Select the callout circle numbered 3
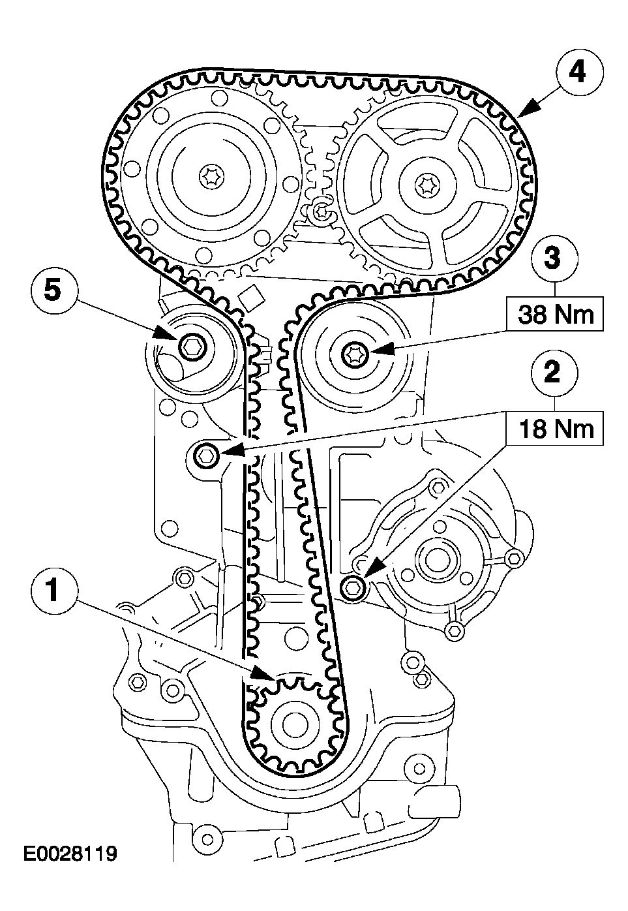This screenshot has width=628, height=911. click(552, 258)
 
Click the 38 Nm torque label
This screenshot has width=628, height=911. click(556, 315)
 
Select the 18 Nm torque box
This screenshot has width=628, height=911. click(556, 428)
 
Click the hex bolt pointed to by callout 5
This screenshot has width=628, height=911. click(192, 345)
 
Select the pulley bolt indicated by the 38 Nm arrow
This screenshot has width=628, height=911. click(355, 354)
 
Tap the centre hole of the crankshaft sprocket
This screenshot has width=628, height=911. click(291, 723)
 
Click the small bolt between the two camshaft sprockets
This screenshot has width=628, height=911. click(320, 210)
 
